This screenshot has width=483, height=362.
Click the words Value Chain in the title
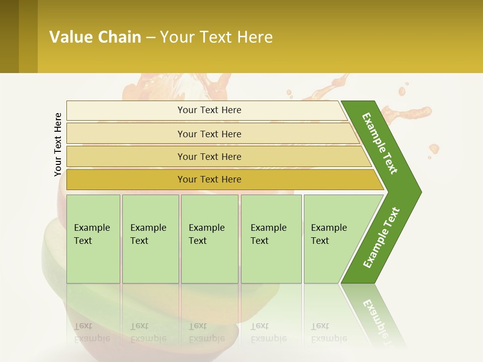click(95, 37)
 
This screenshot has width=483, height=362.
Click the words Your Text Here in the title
click(216, 37)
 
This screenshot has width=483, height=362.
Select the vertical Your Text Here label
click(58, 144)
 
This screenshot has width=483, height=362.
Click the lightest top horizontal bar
click(209, 110)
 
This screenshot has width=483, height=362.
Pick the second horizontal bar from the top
click(209, 134)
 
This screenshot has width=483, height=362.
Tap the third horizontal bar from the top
click(209, 156)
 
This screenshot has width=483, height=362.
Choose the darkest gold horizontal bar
click(209, 179)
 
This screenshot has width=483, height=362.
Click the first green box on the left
click(93, 239)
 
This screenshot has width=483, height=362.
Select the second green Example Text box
click(150, 239)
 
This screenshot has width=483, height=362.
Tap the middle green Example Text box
click(209, 239)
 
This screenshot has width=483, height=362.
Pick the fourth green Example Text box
click(271, 239)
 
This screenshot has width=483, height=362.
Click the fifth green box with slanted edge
click(332, 239)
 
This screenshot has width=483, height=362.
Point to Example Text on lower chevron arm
click(381, 238)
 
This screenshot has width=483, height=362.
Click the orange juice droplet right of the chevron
click(434, 149)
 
